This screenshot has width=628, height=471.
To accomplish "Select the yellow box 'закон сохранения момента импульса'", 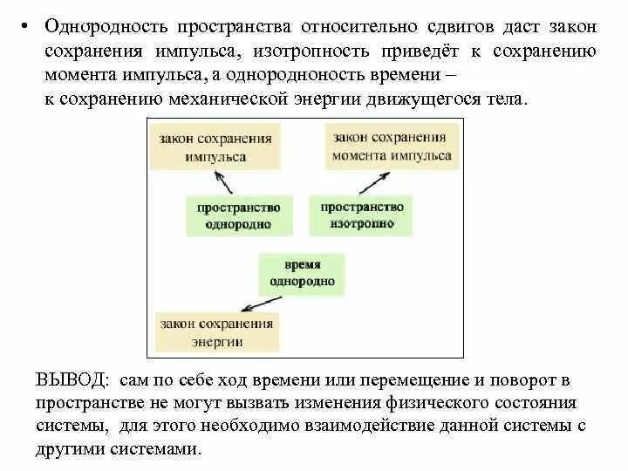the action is point(392,147).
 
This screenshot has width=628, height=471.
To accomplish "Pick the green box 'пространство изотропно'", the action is point(362,215).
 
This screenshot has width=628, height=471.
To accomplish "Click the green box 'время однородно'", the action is point(302,274).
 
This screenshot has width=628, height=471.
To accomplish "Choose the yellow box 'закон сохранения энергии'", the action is point(216,332).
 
